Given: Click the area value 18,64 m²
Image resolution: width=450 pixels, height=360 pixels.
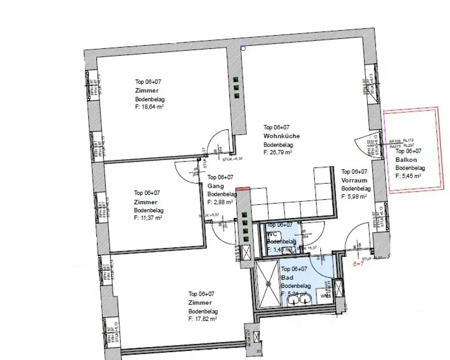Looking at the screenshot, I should coord(149,106).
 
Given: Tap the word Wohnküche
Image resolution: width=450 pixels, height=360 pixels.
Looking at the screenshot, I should coord(282,136).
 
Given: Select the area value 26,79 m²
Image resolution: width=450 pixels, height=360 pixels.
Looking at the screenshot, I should coord(278,153).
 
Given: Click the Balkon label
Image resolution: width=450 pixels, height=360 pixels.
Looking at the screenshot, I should coord(406,160).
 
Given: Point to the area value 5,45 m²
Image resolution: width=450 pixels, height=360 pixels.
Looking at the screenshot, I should coord(408,176).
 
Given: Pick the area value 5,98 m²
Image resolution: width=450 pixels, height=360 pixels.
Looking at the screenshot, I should coord(354,197).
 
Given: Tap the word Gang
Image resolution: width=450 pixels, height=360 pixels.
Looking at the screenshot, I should coord(215,186).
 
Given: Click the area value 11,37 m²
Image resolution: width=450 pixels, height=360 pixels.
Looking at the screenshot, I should coord(148,218).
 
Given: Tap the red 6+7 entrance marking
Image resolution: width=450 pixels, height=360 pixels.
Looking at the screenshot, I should coord(359,265).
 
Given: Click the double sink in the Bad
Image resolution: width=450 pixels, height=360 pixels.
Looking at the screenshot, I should coord(300,300).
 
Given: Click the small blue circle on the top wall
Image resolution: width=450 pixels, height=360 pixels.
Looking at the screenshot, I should coord(243,48).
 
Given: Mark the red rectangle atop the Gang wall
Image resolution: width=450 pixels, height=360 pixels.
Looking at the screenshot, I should coord(243,188).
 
